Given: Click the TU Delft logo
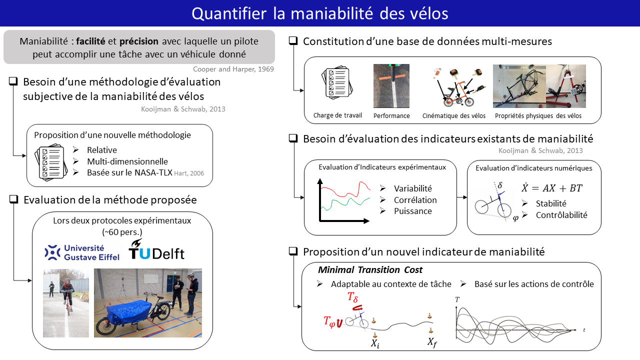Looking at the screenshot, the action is click(x=156, y=249).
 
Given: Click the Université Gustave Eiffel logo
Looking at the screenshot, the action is click(x=81, y=253).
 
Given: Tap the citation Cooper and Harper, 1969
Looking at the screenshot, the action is click(x=233, y=69).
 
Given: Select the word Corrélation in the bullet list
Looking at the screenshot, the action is click(x=415, y=200).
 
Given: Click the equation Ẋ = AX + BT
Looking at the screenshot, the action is click(x=551, y=188).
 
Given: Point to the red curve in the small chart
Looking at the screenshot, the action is click(x=345, y=188).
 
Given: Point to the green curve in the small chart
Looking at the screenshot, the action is click(x=345, y=203).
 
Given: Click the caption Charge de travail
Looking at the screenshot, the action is click(x=337, y=115).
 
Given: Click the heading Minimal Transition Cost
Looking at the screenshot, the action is click(x=370, y=269).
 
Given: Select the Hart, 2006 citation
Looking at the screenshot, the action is click(x=189, y=173).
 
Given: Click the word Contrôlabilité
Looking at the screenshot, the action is click(x=561, y=215).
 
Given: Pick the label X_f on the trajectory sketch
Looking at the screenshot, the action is click(x=432, y=342).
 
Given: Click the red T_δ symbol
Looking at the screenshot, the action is click(x=352, y=297).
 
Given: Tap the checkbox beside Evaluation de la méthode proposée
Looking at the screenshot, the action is click(x=13, y=199).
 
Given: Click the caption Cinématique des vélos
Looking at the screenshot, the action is click(x=453, y=115).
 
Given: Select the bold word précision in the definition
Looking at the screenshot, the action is click(x=139, y=41).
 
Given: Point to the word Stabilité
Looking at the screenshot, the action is click(x=551, y=203).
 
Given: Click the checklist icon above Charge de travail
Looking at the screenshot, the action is click(x=337, y=83).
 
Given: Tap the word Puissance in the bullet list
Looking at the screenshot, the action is click(x=413, y=211).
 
